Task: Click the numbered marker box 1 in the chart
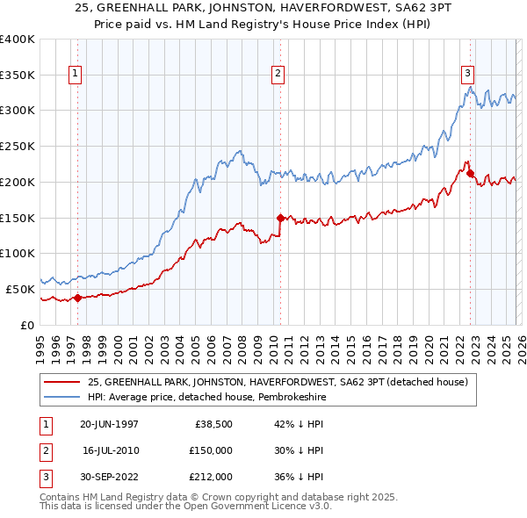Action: point(76,74)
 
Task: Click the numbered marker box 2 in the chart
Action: point(278,74)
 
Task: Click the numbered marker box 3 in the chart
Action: point(468,74)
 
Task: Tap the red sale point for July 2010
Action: point(280,217)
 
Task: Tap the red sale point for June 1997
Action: point(77,298)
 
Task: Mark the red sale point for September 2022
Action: point(470,173)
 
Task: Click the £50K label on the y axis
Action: point(20,289)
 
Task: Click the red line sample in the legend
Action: point(62,382)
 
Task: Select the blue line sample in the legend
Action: point(62,397)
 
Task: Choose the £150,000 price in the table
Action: point(210,450)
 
